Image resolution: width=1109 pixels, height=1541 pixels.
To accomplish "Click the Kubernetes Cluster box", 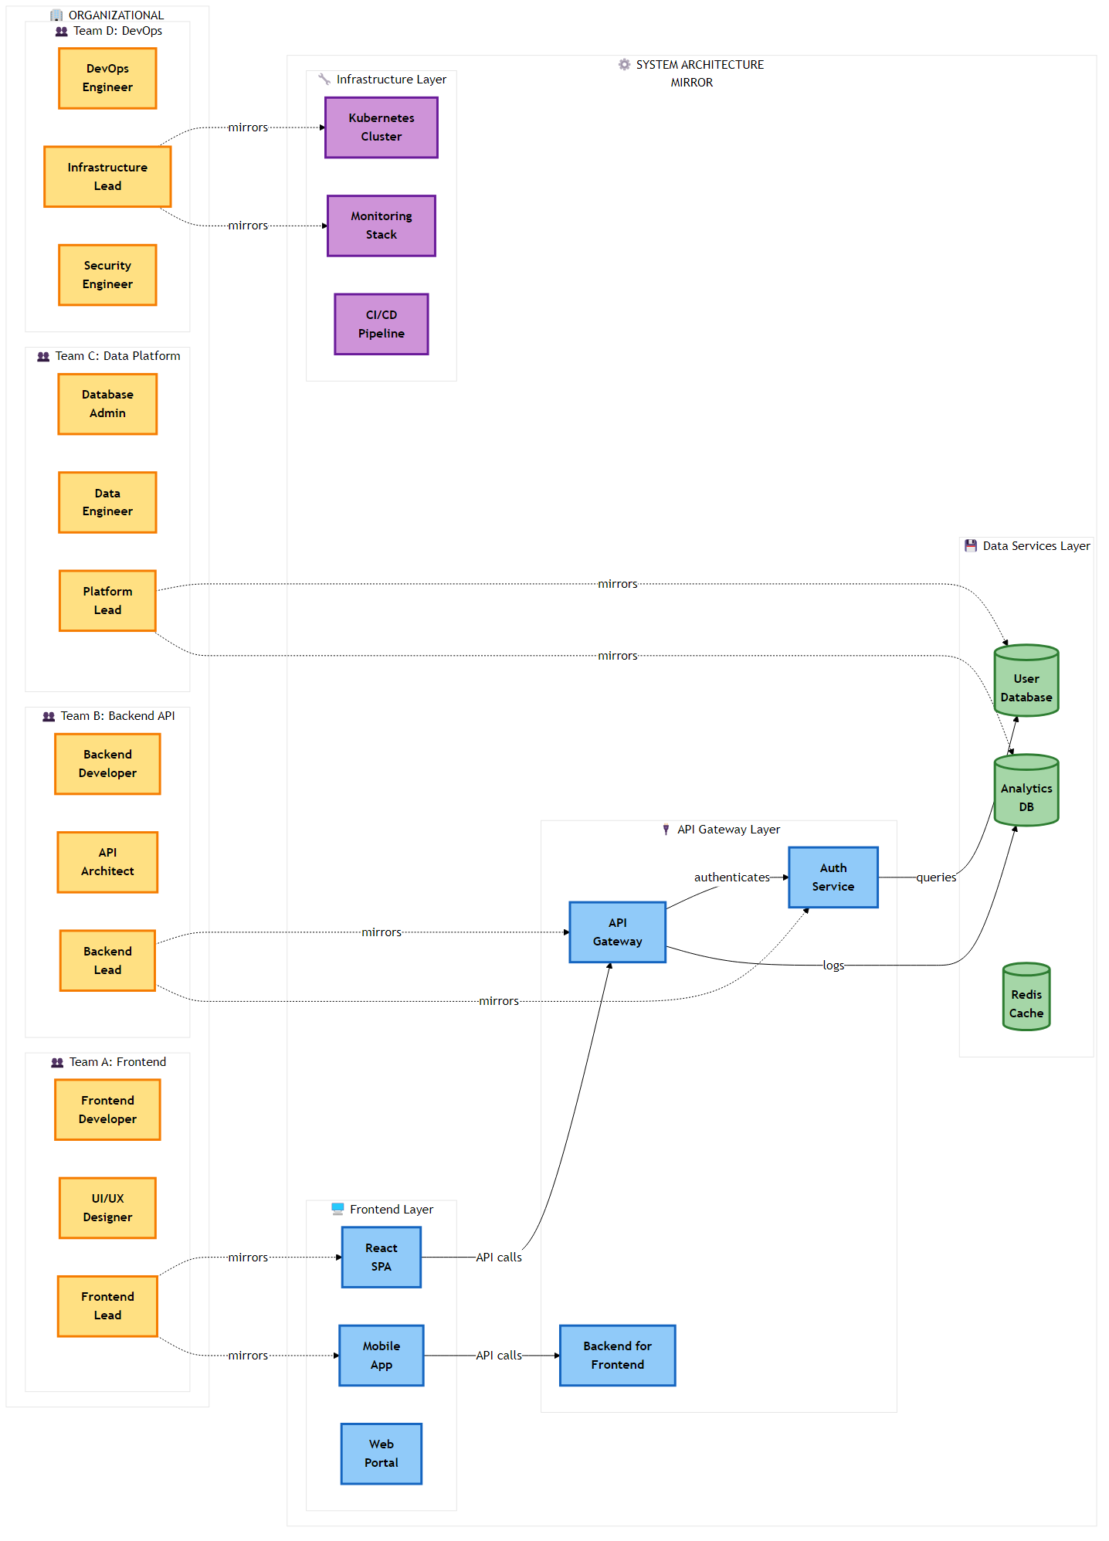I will coord(381,127).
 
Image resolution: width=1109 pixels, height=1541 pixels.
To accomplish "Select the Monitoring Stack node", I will coord(381,226).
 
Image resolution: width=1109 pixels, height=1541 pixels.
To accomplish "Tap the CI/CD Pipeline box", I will coord(381,324).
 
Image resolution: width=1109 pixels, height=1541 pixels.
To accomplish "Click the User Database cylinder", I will coord(1026,683).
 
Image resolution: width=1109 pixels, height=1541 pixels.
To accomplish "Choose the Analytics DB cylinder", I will coord(1026,793).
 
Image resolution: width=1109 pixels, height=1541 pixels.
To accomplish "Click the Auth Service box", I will coord(833,877).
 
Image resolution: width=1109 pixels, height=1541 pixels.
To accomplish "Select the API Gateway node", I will coord(617,932).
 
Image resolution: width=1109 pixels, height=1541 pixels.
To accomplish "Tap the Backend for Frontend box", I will coord(617,1356).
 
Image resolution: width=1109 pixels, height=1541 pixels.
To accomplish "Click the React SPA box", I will coord(381,1258).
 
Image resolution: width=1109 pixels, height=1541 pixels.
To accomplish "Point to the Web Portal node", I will coord(381,1454).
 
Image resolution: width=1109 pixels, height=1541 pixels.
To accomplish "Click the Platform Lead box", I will coord(107,601).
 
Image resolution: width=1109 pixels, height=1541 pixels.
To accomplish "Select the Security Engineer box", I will coord(107,275).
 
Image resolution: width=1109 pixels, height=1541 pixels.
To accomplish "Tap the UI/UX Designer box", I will coord(107,1208).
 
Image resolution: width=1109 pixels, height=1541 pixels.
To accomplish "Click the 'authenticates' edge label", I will coord(731,877).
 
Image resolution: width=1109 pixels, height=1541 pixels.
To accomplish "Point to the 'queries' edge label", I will coord(936,877).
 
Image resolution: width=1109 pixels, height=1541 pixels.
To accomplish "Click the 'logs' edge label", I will coord(833,966).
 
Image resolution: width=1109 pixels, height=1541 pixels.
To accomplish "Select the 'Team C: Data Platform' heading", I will coord(117,356).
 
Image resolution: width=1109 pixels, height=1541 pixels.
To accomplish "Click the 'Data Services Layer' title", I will coord(1036,546).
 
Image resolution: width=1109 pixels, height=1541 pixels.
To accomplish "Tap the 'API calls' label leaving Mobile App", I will coord(498,1356).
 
